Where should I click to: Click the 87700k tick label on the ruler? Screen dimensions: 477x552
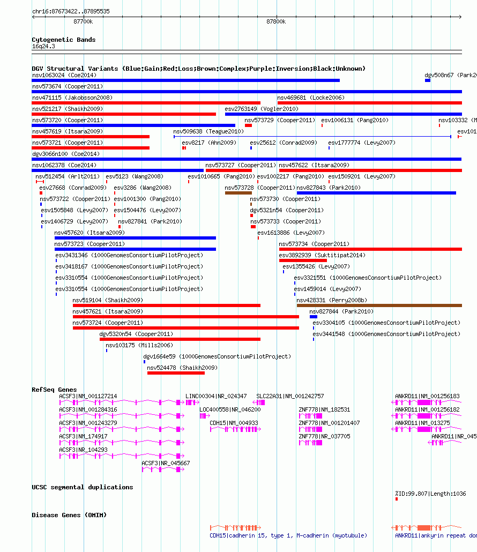(83, 22)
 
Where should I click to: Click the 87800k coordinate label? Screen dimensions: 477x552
(276, 22)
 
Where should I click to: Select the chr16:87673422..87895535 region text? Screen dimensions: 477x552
(71, 11)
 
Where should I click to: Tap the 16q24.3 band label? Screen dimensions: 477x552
(43, 47)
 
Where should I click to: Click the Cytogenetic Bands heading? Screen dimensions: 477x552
(64, 40)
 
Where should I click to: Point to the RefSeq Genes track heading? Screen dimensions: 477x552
(54, 390)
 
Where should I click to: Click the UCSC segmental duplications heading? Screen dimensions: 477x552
(83, 487)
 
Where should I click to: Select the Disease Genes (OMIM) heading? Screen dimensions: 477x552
(69, 515)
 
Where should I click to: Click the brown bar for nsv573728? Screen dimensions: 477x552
(238, 193)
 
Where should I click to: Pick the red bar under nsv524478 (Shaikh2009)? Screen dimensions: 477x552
(176, 373)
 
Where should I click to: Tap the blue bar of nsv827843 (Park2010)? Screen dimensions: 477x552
(376, 193)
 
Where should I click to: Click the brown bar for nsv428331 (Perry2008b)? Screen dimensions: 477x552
(379, 305)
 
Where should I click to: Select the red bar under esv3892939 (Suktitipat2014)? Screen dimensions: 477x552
(303, 260)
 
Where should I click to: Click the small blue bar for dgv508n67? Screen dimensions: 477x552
(427, 80)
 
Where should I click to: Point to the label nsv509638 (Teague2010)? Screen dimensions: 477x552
(208, 132)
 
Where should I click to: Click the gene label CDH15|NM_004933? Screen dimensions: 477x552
(234, 423)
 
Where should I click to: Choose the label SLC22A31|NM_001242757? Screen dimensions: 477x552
(290, 397)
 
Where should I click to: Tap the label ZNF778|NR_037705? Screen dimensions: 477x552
(324, 437)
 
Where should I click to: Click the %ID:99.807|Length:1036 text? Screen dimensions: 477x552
(430, 494)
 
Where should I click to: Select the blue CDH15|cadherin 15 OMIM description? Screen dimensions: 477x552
(288, 536)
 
